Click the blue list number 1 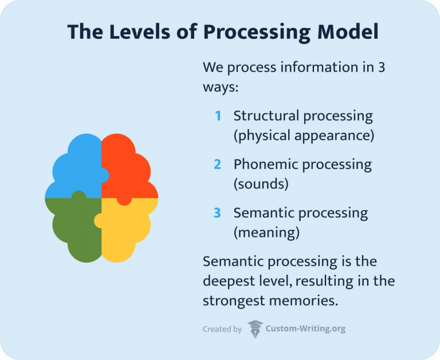pos(218,116)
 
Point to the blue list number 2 pos(218,165)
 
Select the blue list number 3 pos(218,213)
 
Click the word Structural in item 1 pos(266,116)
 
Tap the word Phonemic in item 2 pos(265,165)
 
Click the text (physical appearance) pos(304,136)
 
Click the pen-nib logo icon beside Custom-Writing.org pos(255,329)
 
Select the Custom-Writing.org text pos(305,329)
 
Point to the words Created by pos(222,329)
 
